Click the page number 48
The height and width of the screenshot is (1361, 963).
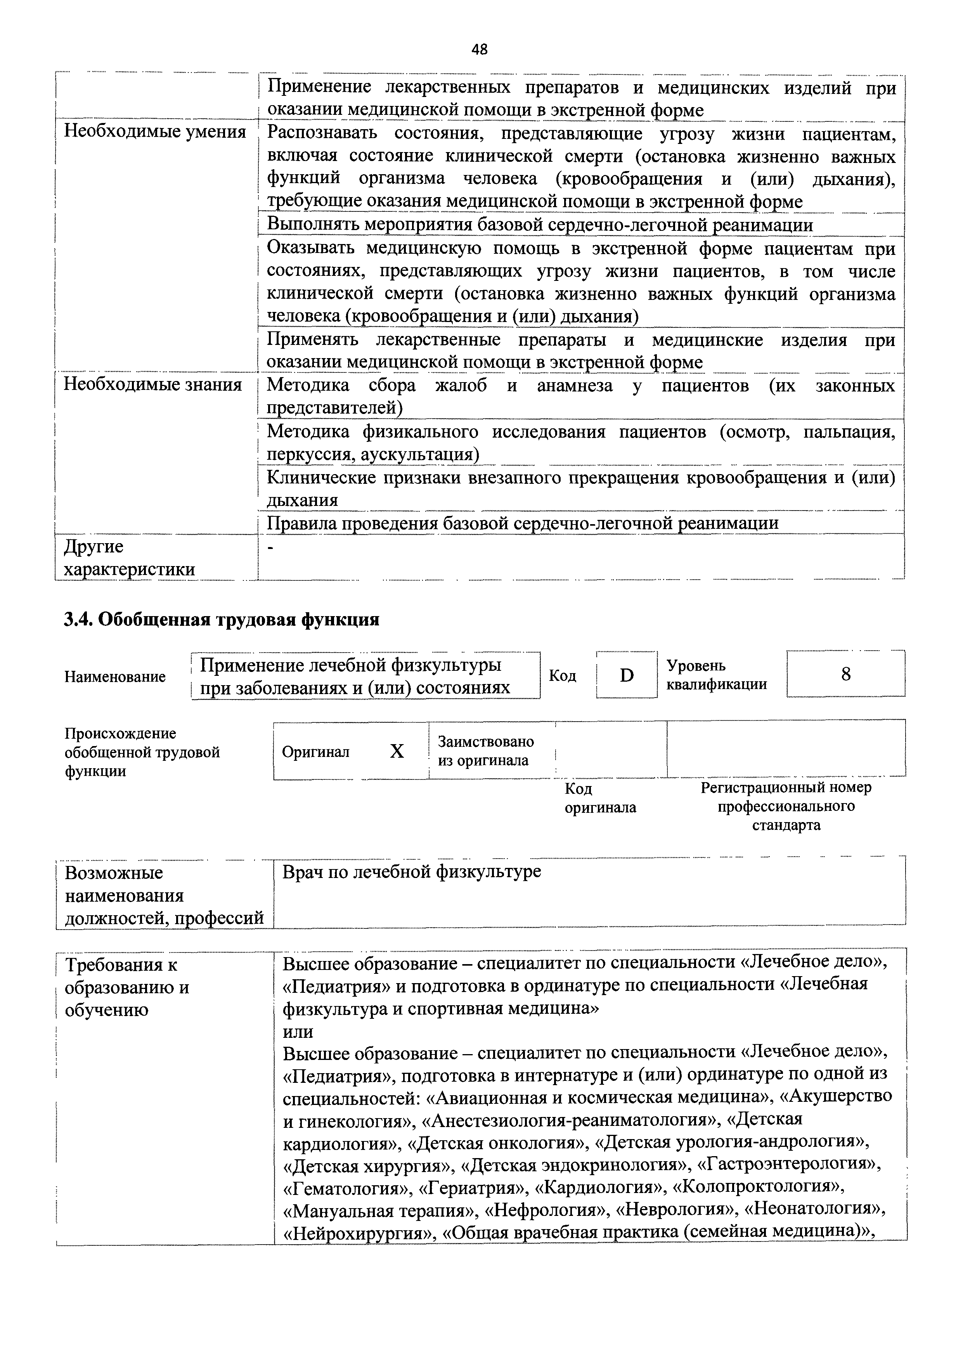(x=480, y=50)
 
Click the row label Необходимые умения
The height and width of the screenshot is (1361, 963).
(x=155, y=132)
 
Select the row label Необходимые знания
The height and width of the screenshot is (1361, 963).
(x=153, y=385)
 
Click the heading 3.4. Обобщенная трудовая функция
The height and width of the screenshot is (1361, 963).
(x=221, y=620)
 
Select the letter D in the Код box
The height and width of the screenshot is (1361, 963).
(x=626, y=675)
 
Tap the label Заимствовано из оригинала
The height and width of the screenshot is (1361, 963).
(x=485, y=751)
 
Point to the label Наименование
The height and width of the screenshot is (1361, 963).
(x=115, y=676)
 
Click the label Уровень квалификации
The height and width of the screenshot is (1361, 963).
(x=716, y=675)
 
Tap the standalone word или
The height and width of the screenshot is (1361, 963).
(x=298, y=1032)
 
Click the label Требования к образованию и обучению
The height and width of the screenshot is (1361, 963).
(x=127, y=987)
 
